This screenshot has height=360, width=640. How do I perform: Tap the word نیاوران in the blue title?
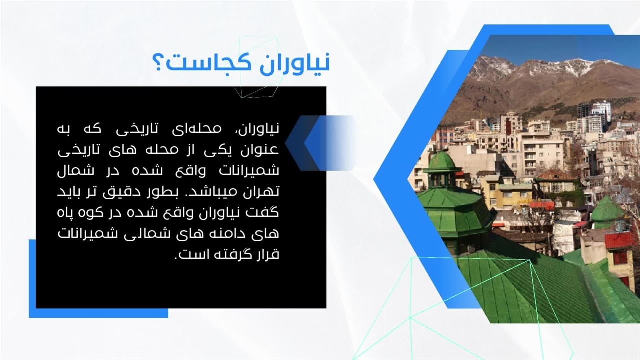point(295,63)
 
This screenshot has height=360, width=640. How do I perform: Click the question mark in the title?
point(158,63)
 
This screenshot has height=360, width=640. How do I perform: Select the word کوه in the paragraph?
point(86,213)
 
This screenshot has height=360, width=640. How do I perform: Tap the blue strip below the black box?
point(98,313)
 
